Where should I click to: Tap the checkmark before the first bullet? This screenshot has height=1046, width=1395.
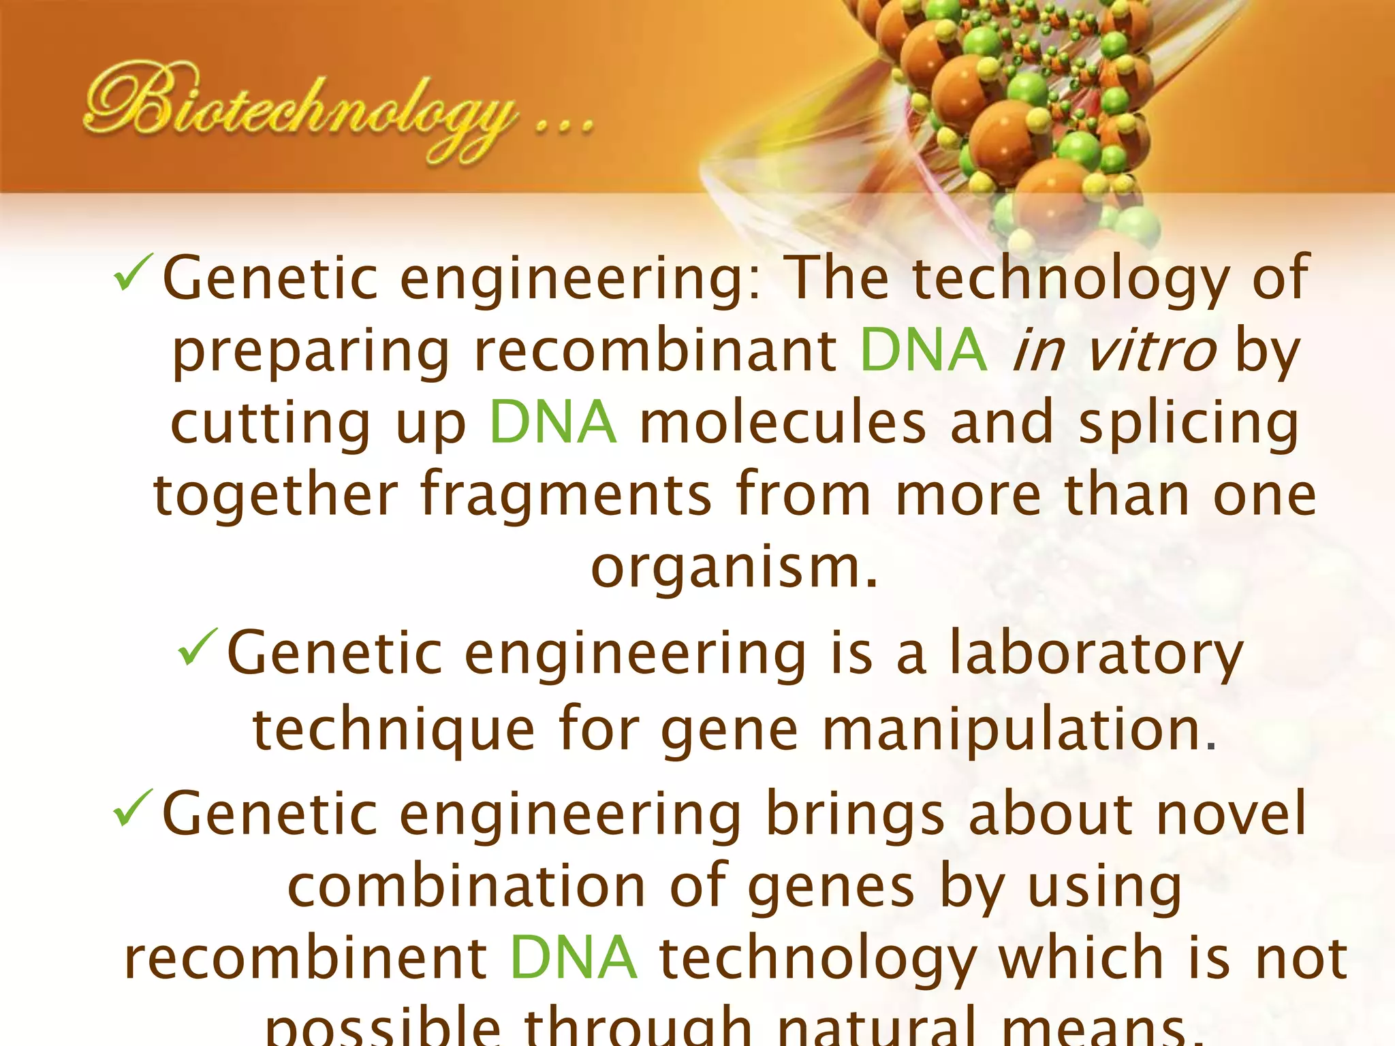coord(136,272)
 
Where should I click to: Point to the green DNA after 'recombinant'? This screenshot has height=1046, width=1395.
coord(923,350)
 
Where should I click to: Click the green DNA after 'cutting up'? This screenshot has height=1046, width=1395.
coord(553,422)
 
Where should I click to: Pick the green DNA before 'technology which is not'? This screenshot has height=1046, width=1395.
coord(574,957)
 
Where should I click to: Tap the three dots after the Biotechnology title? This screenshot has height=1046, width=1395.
coord(565,127)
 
